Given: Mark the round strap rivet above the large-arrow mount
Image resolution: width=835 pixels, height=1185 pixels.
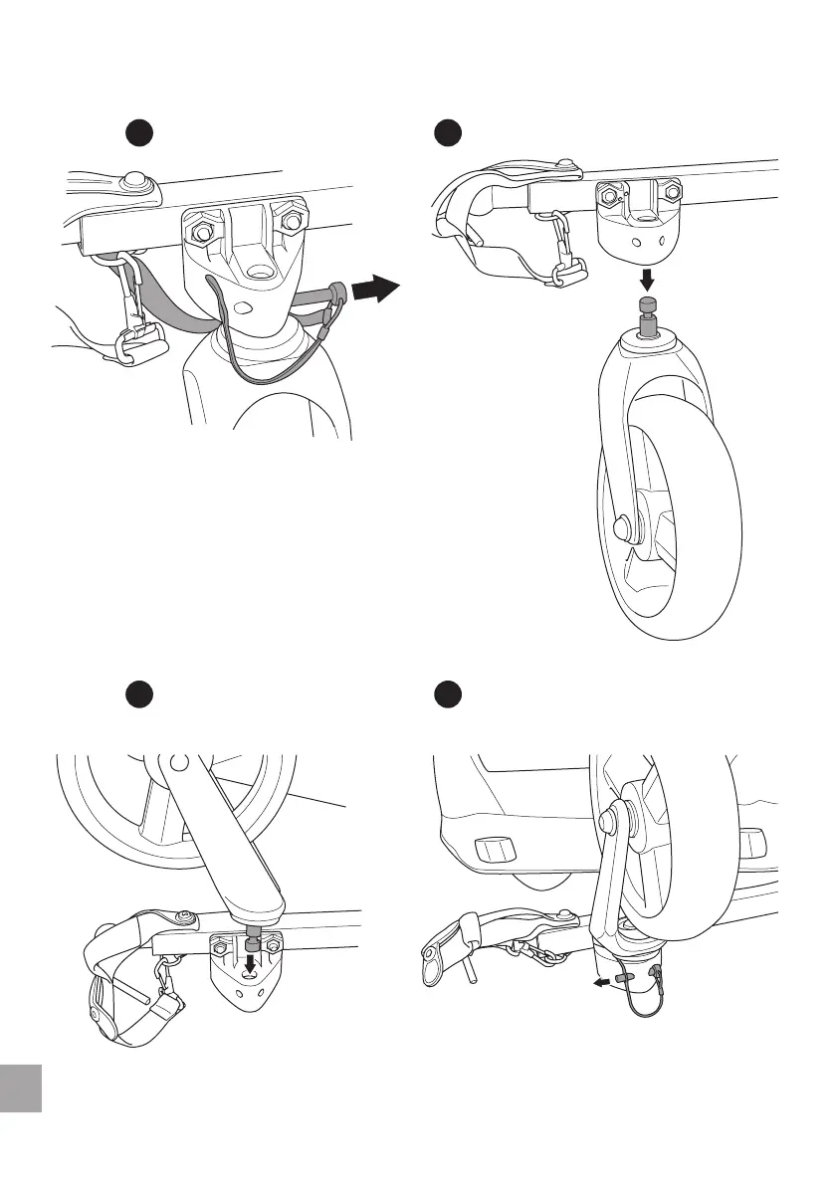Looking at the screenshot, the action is [132, 181].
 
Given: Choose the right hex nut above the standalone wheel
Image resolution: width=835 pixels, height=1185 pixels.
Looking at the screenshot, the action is [672, 189].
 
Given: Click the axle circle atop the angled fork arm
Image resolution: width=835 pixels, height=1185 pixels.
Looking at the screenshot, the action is [178, 764].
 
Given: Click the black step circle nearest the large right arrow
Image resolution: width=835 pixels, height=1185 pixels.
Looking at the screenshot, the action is [451, 133].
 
